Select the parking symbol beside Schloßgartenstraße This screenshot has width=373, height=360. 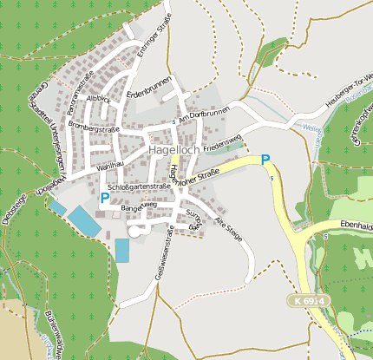(104, 198)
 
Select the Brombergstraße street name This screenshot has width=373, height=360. (95, 129)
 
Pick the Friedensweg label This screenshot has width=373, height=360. (221, 141)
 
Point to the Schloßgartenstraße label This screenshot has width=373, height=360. (139, 187)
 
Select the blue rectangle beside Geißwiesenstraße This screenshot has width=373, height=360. (122, 250)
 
